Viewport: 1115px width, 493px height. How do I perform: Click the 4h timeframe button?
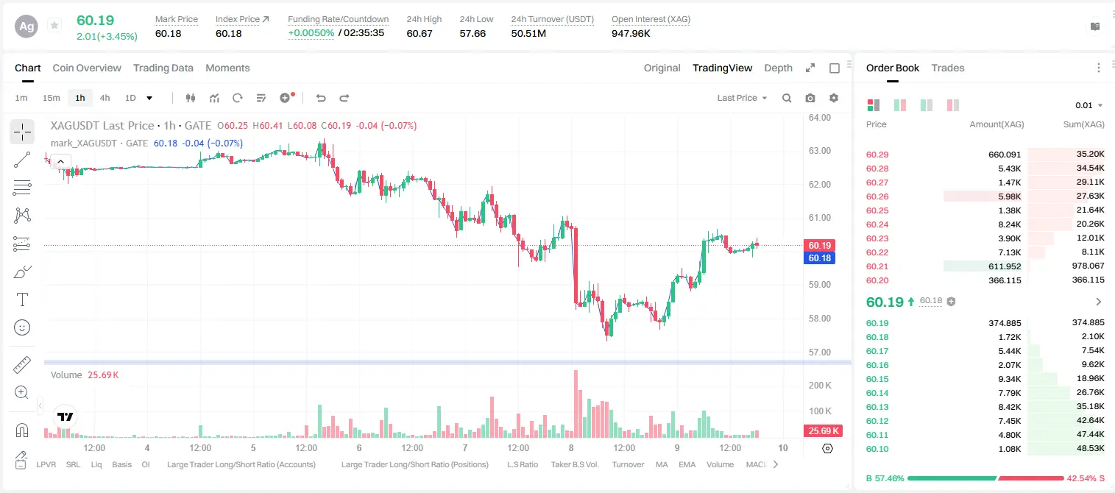105,98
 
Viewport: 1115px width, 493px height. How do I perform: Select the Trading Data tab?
163,68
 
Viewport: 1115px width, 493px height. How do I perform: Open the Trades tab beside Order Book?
947,68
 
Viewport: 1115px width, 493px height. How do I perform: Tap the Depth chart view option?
778,68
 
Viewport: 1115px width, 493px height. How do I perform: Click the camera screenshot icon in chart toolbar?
810,98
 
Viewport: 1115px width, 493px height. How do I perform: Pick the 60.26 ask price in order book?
877,196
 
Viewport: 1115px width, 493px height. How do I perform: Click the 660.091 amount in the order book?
1005,155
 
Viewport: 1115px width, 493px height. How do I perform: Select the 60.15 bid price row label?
877,379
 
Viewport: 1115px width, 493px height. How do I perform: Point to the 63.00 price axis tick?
819,151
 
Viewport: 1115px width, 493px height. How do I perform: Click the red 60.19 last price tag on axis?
819,245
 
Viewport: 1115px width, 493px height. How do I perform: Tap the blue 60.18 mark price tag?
819,258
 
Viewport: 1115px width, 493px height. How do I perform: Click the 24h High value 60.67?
419,33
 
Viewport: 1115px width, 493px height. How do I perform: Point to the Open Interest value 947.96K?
631,33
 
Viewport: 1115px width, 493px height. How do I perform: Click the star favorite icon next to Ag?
54,25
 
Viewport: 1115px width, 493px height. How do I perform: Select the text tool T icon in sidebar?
22,299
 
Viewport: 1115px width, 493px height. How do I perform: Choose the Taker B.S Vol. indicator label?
574,464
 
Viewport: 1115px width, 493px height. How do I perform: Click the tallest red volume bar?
576,404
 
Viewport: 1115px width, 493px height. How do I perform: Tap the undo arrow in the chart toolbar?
321,98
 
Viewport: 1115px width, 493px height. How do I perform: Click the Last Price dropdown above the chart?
742,98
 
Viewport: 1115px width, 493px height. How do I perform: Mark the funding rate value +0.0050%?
311,33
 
